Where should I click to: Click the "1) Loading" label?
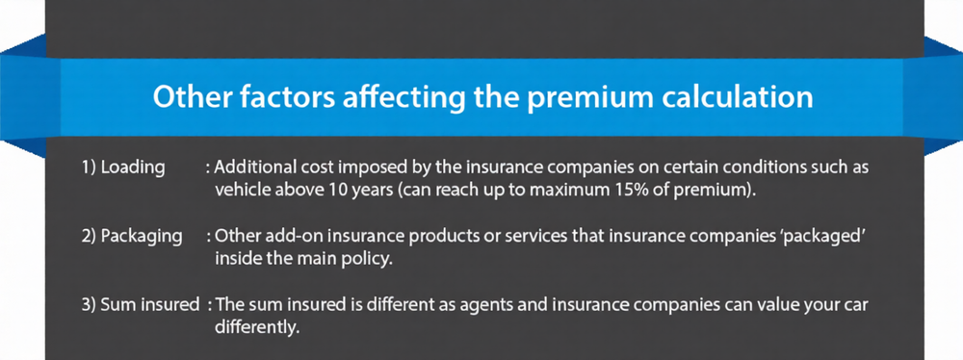[122, 167]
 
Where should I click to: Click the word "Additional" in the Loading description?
[252, 167]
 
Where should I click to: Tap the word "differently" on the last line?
[258, 327]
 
